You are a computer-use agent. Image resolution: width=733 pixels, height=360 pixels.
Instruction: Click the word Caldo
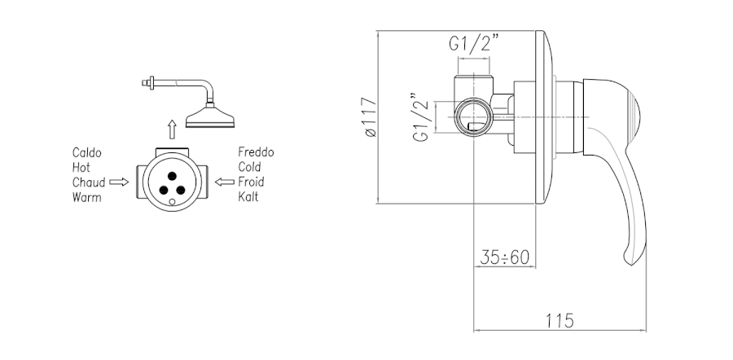coord(87,152)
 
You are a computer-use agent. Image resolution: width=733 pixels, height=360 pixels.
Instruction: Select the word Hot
coord(81,168)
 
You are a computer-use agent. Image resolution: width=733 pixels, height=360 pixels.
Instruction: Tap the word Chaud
coord(89,182)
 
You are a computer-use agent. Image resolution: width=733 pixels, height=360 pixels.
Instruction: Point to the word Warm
coord(87,197)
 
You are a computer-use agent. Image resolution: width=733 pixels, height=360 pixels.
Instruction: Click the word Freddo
coord(257,152)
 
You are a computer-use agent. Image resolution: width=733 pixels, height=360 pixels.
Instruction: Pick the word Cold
coord(250,167)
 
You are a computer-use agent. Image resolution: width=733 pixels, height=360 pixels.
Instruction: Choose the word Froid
coord(251,182)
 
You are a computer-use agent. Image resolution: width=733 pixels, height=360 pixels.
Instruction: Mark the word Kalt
coord(248,196)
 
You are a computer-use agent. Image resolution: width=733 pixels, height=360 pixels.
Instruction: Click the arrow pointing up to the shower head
coord(172,129)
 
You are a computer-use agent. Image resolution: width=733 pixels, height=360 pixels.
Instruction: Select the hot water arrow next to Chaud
coord(119,182)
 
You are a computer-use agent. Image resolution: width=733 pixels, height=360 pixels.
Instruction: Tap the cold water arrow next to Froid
coord(225,182)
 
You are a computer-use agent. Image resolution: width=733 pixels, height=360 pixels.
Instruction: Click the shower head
coord(210,117)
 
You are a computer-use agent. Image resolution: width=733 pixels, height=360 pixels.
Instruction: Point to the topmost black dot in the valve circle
coord(172,176)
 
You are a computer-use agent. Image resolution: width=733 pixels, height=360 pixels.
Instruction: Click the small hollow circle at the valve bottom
coord(172,202)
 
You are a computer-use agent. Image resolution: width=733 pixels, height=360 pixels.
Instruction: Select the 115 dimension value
coord(560,321)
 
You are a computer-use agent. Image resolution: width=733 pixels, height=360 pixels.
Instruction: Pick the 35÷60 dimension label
coord(504,257)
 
